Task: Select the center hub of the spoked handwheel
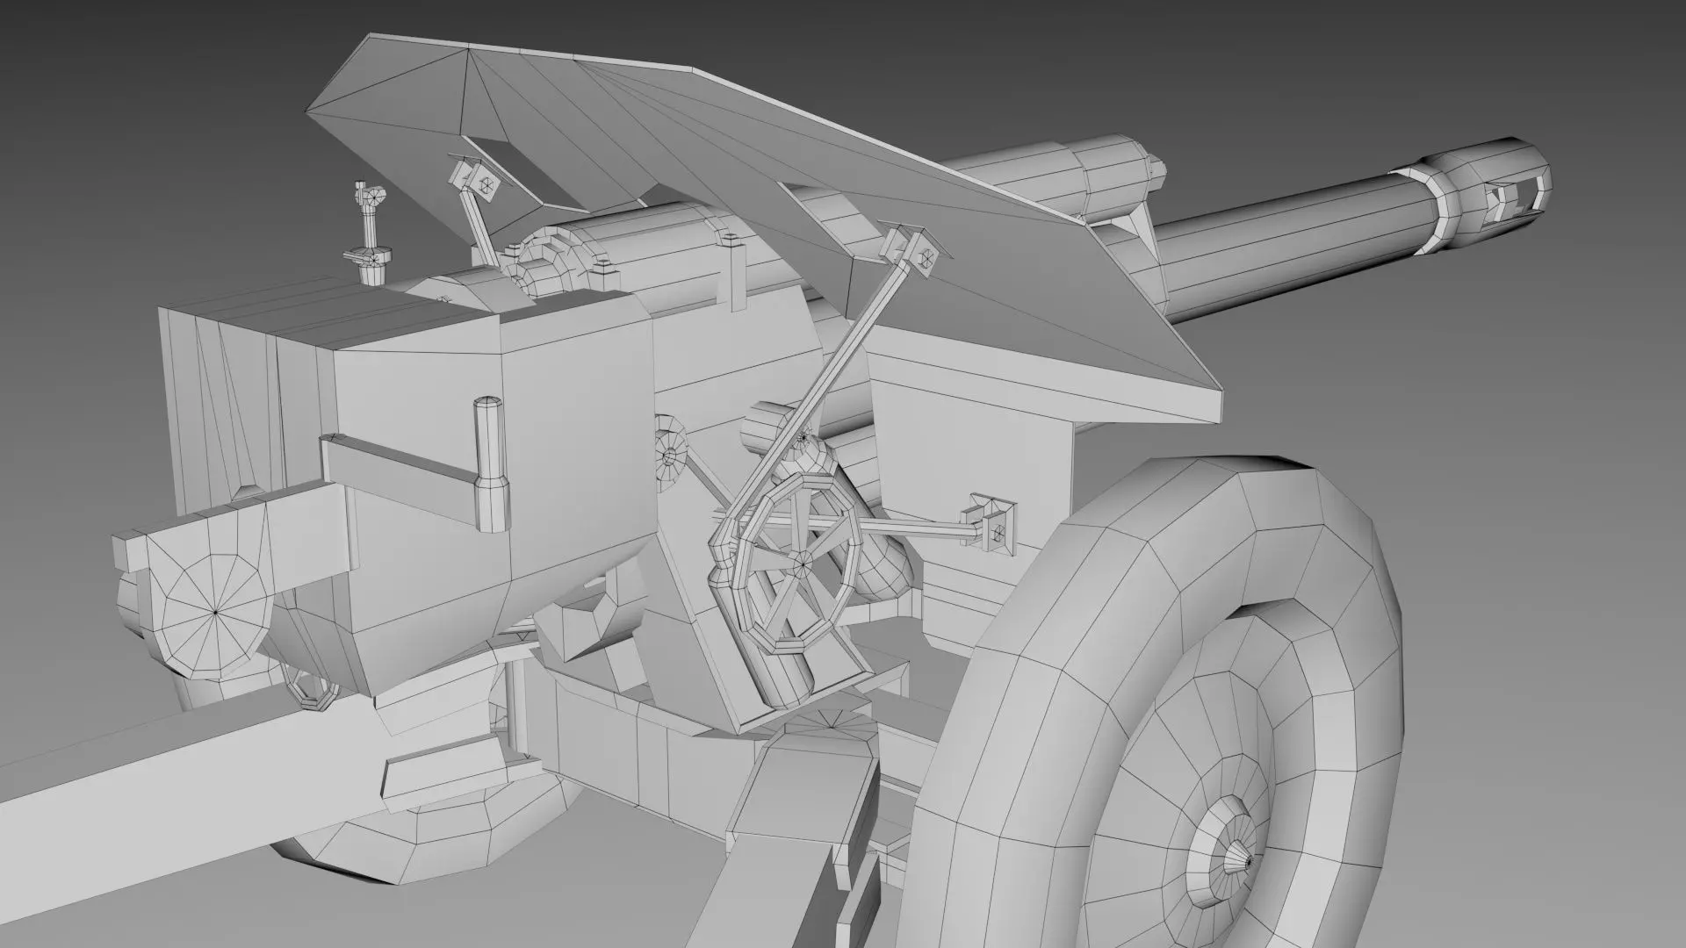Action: (801, 559)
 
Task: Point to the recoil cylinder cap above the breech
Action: (544, 263)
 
